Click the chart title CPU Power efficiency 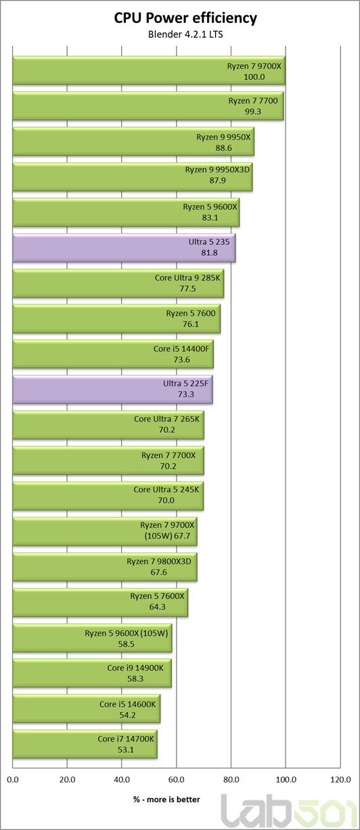click(185, 18)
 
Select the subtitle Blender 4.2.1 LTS click(185, 34)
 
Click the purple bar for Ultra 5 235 click(124, 248)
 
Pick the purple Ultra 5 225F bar click(112, 390)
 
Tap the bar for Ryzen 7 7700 click(148, 106)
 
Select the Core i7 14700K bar click(85, 744)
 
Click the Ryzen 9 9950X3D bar click(133, 177)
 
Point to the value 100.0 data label click(254, 77)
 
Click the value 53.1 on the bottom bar click(126, 750)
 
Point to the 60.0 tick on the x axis click(176, 780)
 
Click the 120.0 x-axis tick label click(340, 780)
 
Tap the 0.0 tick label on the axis click(13, 780)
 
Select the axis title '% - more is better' click(166, 800)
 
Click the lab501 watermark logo click(289, 810)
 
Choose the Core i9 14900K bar click(92, 673)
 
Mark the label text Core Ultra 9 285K click(187, 278)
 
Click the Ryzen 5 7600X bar click(100, 603)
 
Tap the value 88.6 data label click(223, 148)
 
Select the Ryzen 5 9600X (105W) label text click(127, 633)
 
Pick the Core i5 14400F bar click(113, 354)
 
